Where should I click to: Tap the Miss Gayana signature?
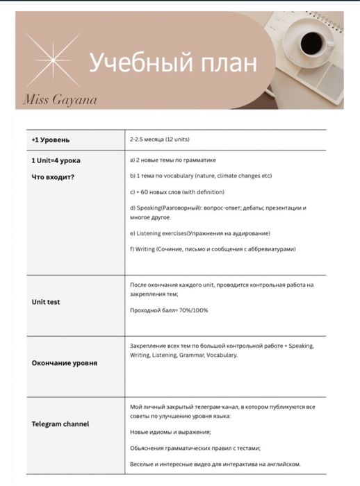coord(60,99)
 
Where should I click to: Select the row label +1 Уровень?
coord(50,140)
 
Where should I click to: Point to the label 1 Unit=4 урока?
coord(56,160)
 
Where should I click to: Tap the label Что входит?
coord(53,176)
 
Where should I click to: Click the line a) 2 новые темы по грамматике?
coord(173,160)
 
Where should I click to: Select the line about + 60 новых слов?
coord(177,192)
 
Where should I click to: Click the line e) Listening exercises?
coord(200,233)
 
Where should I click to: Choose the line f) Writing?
coord(213,249)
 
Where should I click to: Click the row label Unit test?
coord(46,302)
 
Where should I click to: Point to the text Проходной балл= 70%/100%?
coord(169,310)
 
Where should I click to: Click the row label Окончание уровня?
coord(64,362)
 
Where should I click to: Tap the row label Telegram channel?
coord(60,424)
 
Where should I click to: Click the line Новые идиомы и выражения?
coord(170,432)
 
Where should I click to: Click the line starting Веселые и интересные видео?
coord(215,464)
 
